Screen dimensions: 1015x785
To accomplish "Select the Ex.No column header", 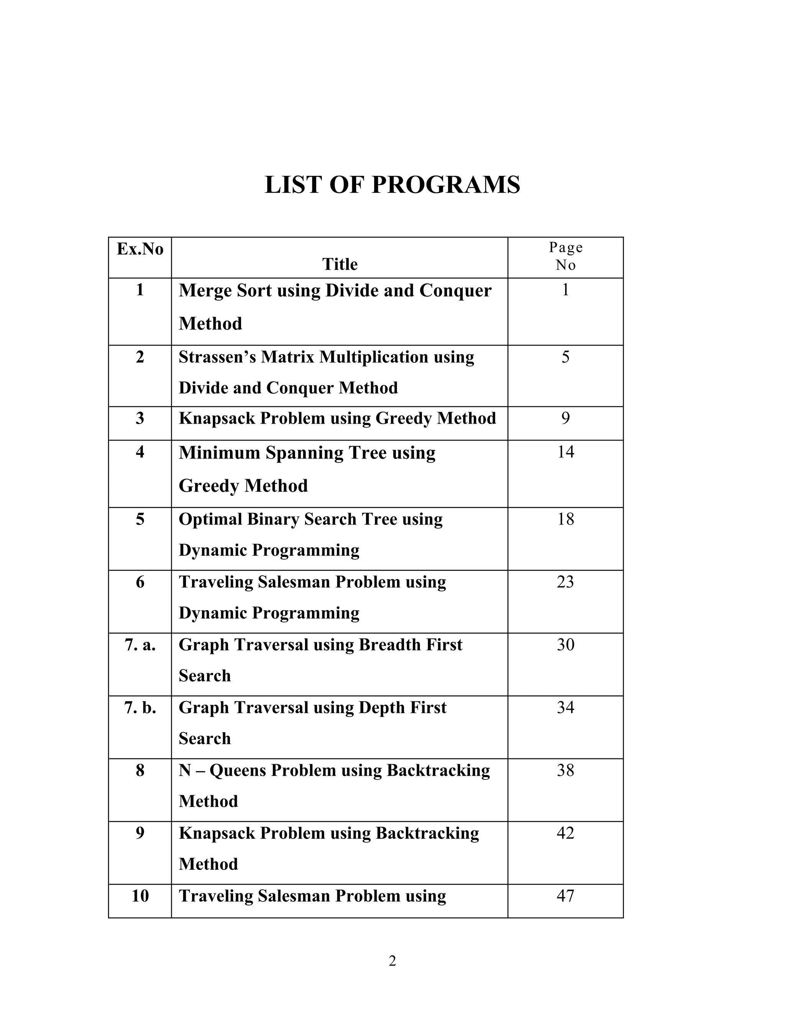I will [140, 249].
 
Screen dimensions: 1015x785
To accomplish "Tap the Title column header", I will [340, 264].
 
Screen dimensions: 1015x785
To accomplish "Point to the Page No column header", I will [565, 256].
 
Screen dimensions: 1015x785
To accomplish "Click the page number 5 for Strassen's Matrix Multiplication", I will [565, 357].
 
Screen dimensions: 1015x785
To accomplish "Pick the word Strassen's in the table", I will [217, 357].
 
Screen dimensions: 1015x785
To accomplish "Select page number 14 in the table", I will [565, 452].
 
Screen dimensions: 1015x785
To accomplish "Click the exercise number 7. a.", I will [140, 645].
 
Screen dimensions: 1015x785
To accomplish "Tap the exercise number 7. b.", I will [140, 707].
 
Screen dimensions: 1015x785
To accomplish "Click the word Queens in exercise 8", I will [237, 770].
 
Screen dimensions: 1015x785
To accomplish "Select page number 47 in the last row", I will [565, 895].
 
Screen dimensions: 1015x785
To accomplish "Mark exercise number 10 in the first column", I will [140, 895].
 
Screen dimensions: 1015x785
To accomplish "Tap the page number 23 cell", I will [565, 582].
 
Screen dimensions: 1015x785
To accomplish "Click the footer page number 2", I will [392, 961].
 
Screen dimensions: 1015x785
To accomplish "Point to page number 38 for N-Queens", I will [565, 770].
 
